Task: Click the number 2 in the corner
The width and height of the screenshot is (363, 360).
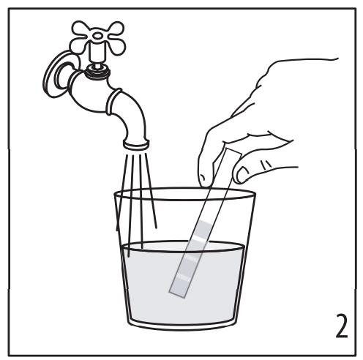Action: pyautogui.click(x=342, y=326)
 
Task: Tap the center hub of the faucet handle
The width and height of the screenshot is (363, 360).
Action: pyautogui.click(x=98, y=36)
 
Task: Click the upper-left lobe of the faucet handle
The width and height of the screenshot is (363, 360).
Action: pyautogui.click(x=81, y=29)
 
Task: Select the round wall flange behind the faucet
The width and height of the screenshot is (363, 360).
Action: pyautogui.click(x=56, y=75)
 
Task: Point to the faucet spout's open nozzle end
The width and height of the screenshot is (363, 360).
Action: pyautogui.click(x=136, y=144)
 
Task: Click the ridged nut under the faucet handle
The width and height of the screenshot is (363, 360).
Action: pyautogui.click(x=97, y=72)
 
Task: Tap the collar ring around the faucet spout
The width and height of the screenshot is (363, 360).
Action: pyautogui.click(x=113, y=101)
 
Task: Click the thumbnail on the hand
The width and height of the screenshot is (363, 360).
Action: pyautogui.click(x=242, y=175)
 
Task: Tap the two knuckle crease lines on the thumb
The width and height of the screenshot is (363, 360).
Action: pyautogui.click(x=266, y=165)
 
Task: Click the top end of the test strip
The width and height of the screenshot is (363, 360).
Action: pyautogui.click(x=233, y=151)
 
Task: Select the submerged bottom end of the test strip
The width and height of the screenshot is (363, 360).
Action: pyautogui.click(x=177, y=294)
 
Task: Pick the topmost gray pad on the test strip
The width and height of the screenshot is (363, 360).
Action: pyautogui.click(x=203, y=228)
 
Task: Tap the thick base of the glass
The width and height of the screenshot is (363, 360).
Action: pyautogui.click(x=182, y=326)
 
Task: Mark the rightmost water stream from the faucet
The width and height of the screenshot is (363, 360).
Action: pyautogui.click(x=151, y=191)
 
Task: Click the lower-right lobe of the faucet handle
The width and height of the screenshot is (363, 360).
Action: pyautogui.click(x=117, y=47)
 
